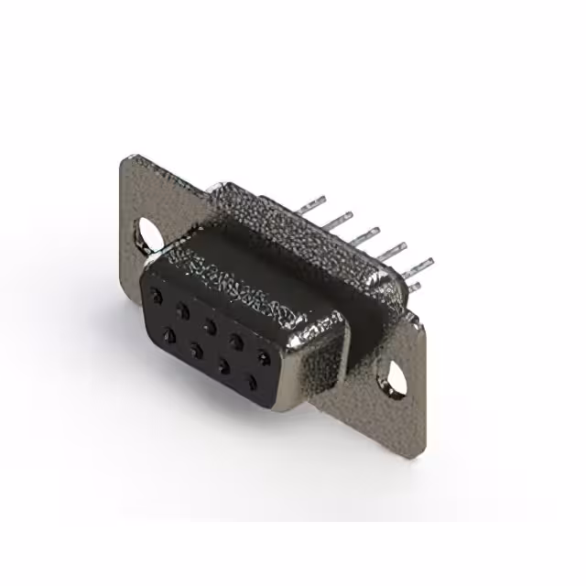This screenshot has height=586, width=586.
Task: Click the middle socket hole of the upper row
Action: (211, 324)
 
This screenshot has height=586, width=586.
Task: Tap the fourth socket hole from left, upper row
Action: (237, 339)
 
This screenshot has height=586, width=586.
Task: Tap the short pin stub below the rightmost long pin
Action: (413, 287)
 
